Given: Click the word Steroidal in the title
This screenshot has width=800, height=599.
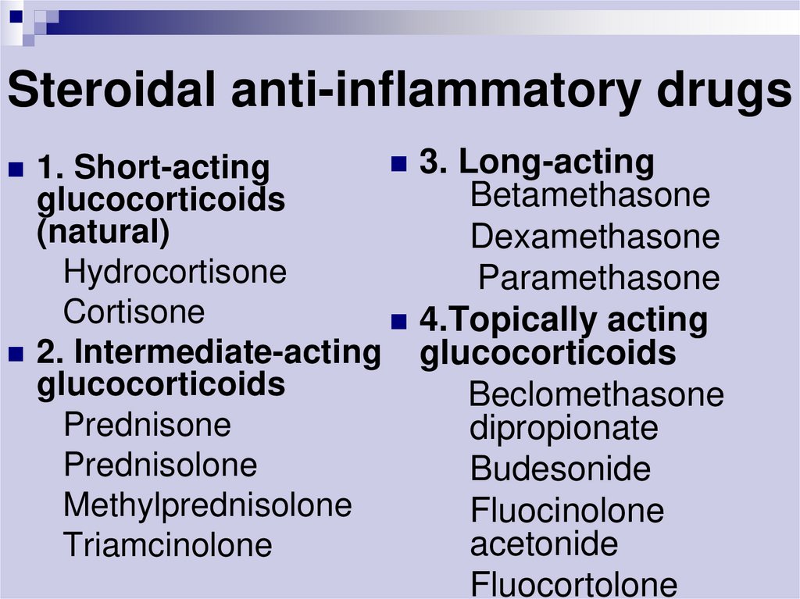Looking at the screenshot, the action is point(111,89).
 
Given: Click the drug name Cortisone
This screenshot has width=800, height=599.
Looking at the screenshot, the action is point(134,312).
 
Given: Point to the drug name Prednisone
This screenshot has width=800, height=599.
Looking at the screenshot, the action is point(148,424).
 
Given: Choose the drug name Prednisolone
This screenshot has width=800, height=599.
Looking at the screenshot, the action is point(161,465).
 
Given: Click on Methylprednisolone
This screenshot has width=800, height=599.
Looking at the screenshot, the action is point(208,506).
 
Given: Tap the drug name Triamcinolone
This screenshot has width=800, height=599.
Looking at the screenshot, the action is point(168,544).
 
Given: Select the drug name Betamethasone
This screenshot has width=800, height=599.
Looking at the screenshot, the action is point(591,194).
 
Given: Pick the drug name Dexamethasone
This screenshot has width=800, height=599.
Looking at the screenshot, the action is point(595,236).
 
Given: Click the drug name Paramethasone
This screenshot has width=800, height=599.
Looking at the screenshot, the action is point(599,277).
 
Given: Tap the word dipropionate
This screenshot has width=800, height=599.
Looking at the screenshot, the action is point(564,428).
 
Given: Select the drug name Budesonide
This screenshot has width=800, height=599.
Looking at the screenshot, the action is point(561,469).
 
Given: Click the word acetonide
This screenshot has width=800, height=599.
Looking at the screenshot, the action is point(544,544).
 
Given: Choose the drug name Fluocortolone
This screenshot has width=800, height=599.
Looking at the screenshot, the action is point(574,584).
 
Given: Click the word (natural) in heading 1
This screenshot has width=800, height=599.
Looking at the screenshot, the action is point(103,232).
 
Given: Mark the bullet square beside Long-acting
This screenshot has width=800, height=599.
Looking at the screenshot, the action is point(399,164).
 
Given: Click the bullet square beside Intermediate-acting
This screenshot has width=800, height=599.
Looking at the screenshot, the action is point(16,354).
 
